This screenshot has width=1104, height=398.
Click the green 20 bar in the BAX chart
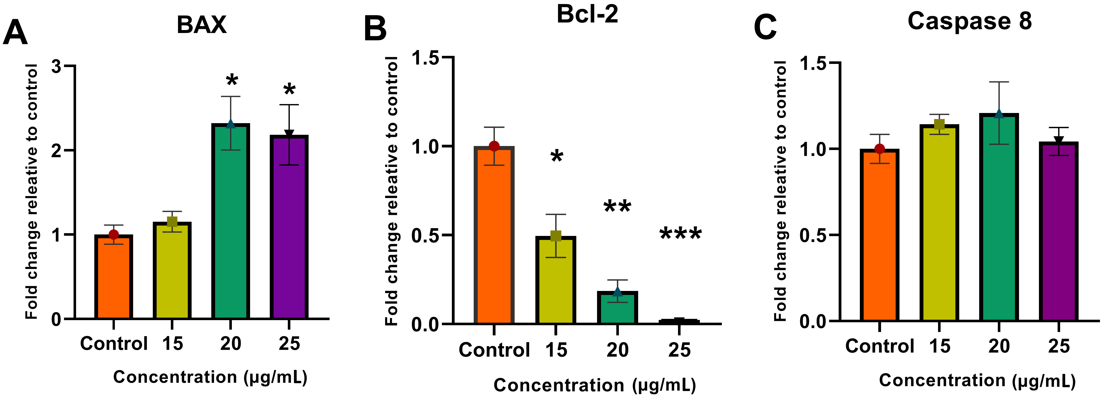coord(231,223)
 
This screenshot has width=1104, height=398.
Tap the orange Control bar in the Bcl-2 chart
coord(494,235)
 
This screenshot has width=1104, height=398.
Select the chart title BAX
coord(201,25)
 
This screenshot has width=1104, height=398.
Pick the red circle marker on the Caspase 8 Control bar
coord(879,149)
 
